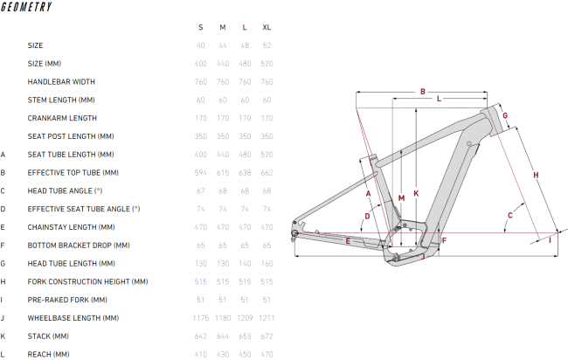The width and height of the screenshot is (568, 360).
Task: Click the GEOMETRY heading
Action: [x=26, y=7]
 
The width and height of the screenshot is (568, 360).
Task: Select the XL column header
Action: [x=267, y=27]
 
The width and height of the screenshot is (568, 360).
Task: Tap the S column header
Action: [x=201, y=27]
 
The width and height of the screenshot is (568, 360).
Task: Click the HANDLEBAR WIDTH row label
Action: [x=61, y=81]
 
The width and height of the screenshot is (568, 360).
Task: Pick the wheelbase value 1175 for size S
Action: [x=200, y=318]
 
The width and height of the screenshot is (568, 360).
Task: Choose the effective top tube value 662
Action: [x=267, y=172]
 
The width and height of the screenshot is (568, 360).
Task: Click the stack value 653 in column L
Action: [x=245, y=336]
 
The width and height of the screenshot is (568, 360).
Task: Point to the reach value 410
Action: [x=200, y=354]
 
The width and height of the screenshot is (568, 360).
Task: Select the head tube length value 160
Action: [x=267, y=263]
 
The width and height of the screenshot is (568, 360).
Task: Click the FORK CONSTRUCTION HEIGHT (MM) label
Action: [x=87, y=281]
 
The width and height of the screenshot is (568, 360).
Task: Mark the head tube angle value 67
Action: [x=201, y=190]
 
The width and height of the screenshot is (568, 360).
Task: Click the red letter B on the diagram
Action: [x=422, y=91]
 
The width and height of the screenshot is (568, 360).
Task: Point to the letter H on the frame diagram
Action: [x=536, y=176]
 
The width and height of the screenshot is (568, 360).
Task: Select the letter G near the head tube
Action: [x=504, y=115]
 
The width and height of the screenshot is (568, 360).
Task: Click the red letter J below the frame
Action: [x=421, y=257]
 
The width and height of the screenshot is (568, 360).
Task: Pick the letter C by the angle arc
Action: [x=509, y=215]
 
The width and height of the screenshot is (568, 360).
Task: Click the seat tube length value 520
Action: [x=267, y=154]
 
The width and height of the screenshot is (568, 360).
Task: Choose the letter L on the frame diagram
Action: [x=439, y=100]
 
